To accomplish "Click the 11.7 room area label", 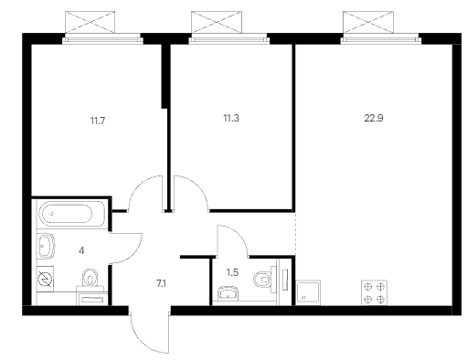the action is [98, 121].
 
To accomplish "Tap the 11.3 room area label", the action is [231, 118].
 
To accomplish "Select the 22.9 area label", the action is [374, 118].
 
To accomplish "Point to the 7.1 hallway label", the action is [161, 284].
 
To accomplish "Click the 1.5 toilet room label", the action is [232, 272].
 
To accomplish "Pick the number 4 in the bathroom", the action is [81, 250].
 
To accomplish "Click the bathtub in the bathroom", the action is [71, 214].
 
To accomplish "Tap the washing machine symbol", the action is [45, 279].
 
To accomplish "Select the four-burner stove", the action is [374, 292].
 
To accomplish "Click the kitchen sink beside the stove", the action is [308, 292].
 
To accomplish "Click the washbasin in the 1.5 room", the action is [228, 293].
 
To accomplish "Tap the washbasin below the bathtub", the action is [46, 246].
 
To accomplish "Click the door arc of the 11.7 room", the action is [139, 185].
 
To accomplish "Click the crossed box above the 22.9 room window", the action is [368, 22].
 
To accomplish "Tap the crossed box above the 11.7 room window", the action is [90, 22].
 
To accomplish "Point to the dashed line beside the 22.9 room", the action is [295, 233].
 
